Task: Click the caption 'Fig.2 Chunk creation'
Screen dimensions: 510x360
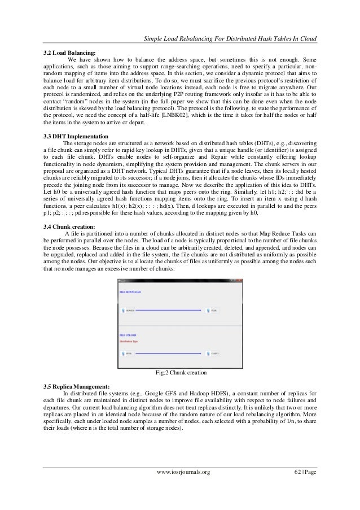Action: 180,373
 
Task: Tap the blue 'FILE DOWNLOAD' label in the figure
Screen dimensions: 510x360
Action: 130,292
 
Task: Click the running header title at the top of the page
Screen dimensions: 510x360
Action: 229,38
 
